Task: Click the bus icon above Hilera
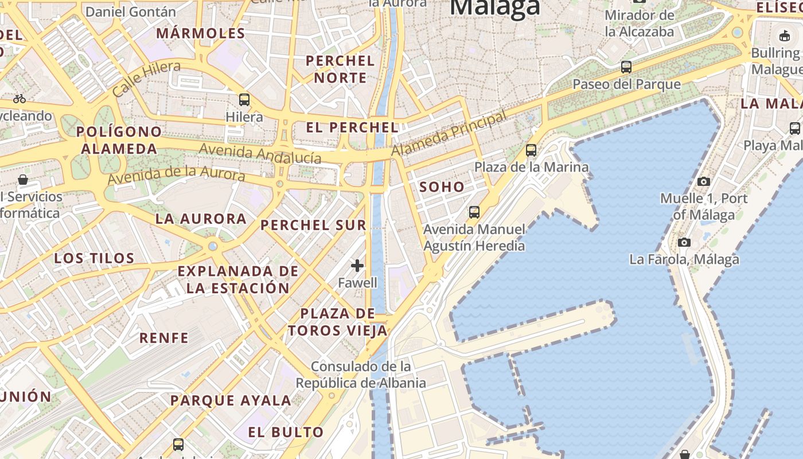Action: tap(244, 100)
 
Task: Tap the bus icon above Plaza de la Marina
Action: tap(531, 150)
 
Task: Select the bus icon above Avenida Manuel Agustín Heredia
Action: tap(474, 212)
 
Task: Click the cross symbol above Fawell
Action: tap(357, 265)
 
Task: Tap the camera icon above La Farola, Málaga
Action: tap(684, 242)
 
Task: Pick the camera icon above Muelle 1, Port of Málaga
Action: tap(703, 182)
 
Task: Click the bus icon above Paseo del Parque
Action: tap(626, 67)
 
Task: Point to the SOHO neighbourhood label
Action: tap(442, 187)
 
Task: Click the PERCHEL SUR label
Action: tap(313, 225)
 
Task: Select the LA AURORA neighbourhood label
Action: tap(201, 219)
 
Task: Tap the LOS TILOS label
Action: tap(94, 258)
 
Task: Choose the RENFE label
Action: tap(164, 338)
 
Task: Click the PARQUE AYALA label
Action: tap(231, 400)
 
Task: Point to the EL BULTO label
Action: tap(286, 432)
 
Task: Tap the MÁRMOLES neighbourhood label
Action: tap(201, 33)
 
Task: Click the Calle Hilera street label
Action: tap(146, 79)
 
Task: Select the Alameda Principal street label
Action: tap(449, 134)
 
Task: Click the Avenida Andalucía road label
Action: tap(260, 154)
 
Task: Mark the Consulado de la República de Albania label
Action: tap(361, 374)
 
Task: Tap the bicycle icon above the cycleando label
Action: tap(20, 99)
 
